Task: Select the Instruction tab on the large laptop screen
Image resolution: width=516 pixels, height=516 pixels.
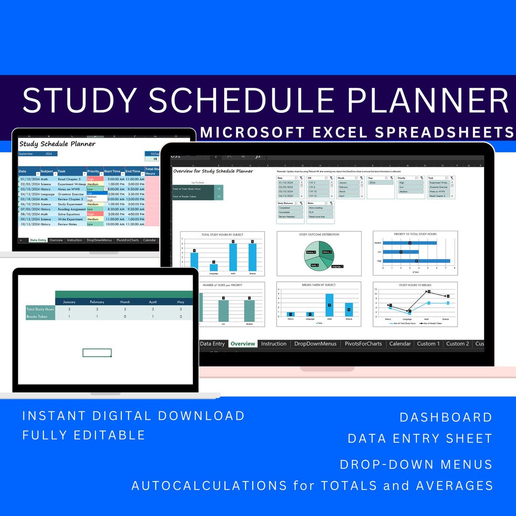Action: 274,344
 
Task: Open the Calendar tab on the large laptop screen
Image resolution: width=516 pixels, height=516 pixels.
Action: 400,344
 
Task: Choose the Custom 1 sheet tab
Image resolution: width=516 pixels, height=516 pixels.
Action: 428,344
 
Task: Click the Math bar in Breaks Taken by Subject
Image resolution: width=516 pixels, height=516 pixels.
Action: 329,305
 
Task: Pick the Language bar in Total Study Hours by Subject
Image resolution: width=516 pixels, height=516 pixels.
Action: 214,268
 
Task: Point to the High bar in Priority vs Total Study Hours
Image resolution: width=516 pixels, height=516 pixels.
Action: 416,261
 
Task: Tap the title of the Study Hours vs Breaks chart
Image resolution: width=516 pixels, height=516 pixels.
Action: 415,285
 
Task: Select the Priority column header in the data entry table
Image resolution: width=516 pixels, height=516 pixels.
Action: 93,171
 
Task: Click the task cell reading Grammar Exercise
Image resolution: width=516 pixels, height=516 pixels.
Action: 70,194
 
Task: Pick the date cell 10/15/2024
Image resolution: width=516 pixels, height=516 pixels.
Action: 29,224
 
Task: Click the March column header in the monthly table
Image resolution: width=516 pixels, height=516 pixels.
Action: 125,302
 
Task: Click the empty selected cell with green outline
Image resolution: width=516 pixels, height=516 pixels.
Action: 97,353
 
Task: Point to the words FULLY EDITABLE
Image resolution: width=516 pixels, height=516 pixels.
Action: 84,435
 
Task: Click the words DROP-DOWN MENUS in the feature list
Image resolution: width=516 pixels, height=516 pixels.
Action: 416,464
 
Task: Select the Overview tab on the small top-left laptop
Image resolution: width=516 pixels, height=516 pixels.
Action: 56,240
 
